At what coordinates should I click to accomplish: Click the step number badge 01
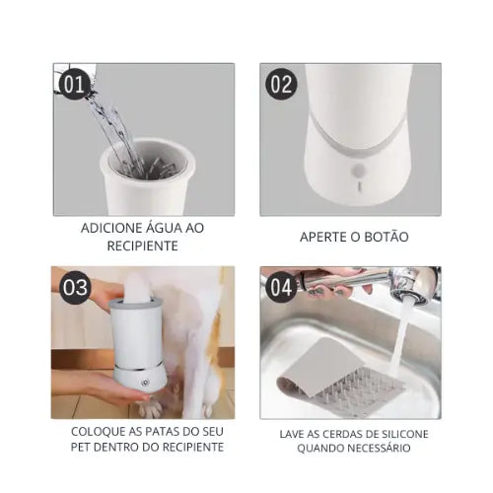pos(74,84)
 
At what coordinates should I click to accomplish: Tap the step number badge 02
pos(281,84)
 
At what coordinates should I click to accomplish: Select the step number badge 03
pos(75,287)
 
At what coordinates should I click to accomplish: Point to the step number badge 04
pos(281,287)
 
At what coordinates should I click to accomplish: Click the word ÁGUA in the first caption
pos(150,228)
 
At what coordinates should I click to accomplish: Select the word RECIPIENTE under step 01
pos(143,246)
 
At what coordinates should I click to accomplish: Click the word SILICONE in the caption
pos(405,434)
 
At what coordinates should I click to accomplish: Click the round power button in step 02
pos(358,171)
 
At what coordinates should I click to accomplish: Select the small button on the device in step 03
pos(145,383)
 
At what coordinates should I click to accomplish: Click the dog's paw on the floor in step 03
pos(151,409)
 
